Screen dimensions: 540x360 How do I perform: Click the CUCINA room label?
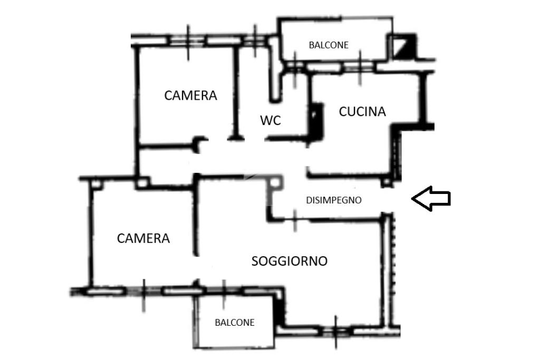(x=362, y=112)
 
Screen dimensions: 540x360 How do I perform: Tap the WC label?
(x=271, y=121)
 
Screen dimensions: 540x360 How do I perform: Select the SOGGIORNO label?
(x=290, y=261)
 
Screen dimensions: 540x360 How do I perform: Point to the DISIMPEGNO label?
(x=334, y=200)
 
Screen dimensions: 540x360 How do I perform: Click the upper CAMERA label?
(x=190, y=95)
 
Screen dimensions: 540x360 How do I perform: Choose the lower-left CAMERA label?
(x=143, y=238)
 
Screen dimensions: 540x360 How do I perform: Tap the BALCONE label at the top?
(x=329, y=45)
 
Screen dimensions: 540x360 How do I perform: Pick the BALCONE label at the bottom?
(x=235, y=323)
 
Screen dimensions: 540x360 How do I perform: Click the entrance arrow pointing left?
(x=431, y=199)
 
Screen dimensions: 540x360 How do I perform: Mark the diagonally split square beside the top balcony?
(x=403, y=46)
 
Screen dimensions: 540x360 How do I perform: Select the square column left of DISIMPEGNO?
(x=275, y=182)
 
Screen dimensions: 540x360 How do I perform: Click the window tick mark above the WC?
(x=255, y=41)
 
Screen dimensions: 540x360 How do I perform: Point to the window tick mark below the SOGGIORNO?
(x=336, y=332)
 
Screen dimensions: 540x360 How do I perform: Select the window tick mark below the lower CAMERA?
(x=143, y=295)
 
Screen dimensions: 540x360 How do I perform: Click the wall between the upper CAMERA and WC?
(x=236, y=92)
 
